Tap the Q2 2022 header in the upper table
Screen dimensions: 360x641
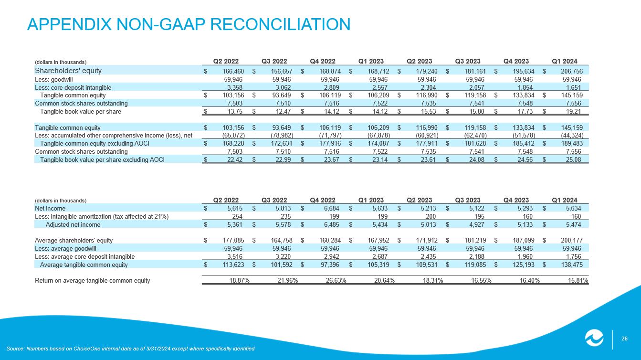pyautogui.click(x=226, y=61)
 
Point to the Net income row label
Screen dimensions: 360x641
pyautogui.click(x=50, y=208)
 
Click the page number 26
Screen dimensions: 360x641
pyautogui.click(x=624, y=339)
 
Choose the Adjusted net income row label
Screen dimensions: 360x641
pyautogui.click(x=73, y=224)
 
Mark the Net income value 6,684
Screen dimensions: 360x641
pyautogui.click(x=331, y=208)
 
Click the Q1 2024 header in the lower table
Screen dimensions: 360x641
pyautogui.click(x=565, y=200)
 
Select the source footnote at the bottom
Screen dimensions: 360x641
pyautogui.click(x=130, y=348)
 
